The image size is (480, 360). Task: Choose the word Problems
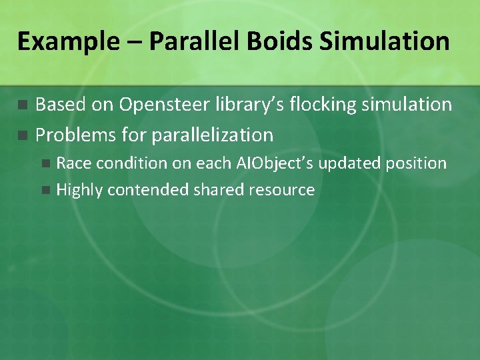75,135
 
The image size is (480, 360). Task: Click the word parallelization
213,135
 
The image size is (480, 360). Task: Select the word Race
71,163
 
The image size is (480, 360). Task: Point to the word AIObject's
273,163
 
